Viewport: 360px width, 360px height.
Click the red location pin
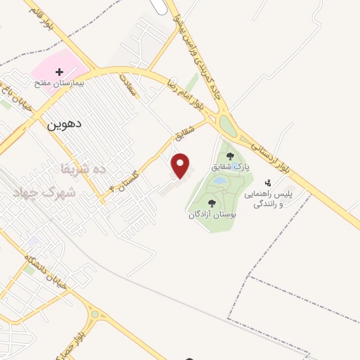tap(181, 165)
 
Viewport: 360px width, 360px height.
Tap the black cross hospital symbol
tap(60, 72)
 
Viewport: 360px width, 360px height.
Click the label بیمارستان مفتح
tap(60, 84)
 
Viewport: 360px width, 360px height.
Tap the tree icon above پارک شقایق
tap(230, 156)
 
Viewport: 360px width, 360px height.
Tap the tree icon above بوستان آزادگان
tap(212, 203)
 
